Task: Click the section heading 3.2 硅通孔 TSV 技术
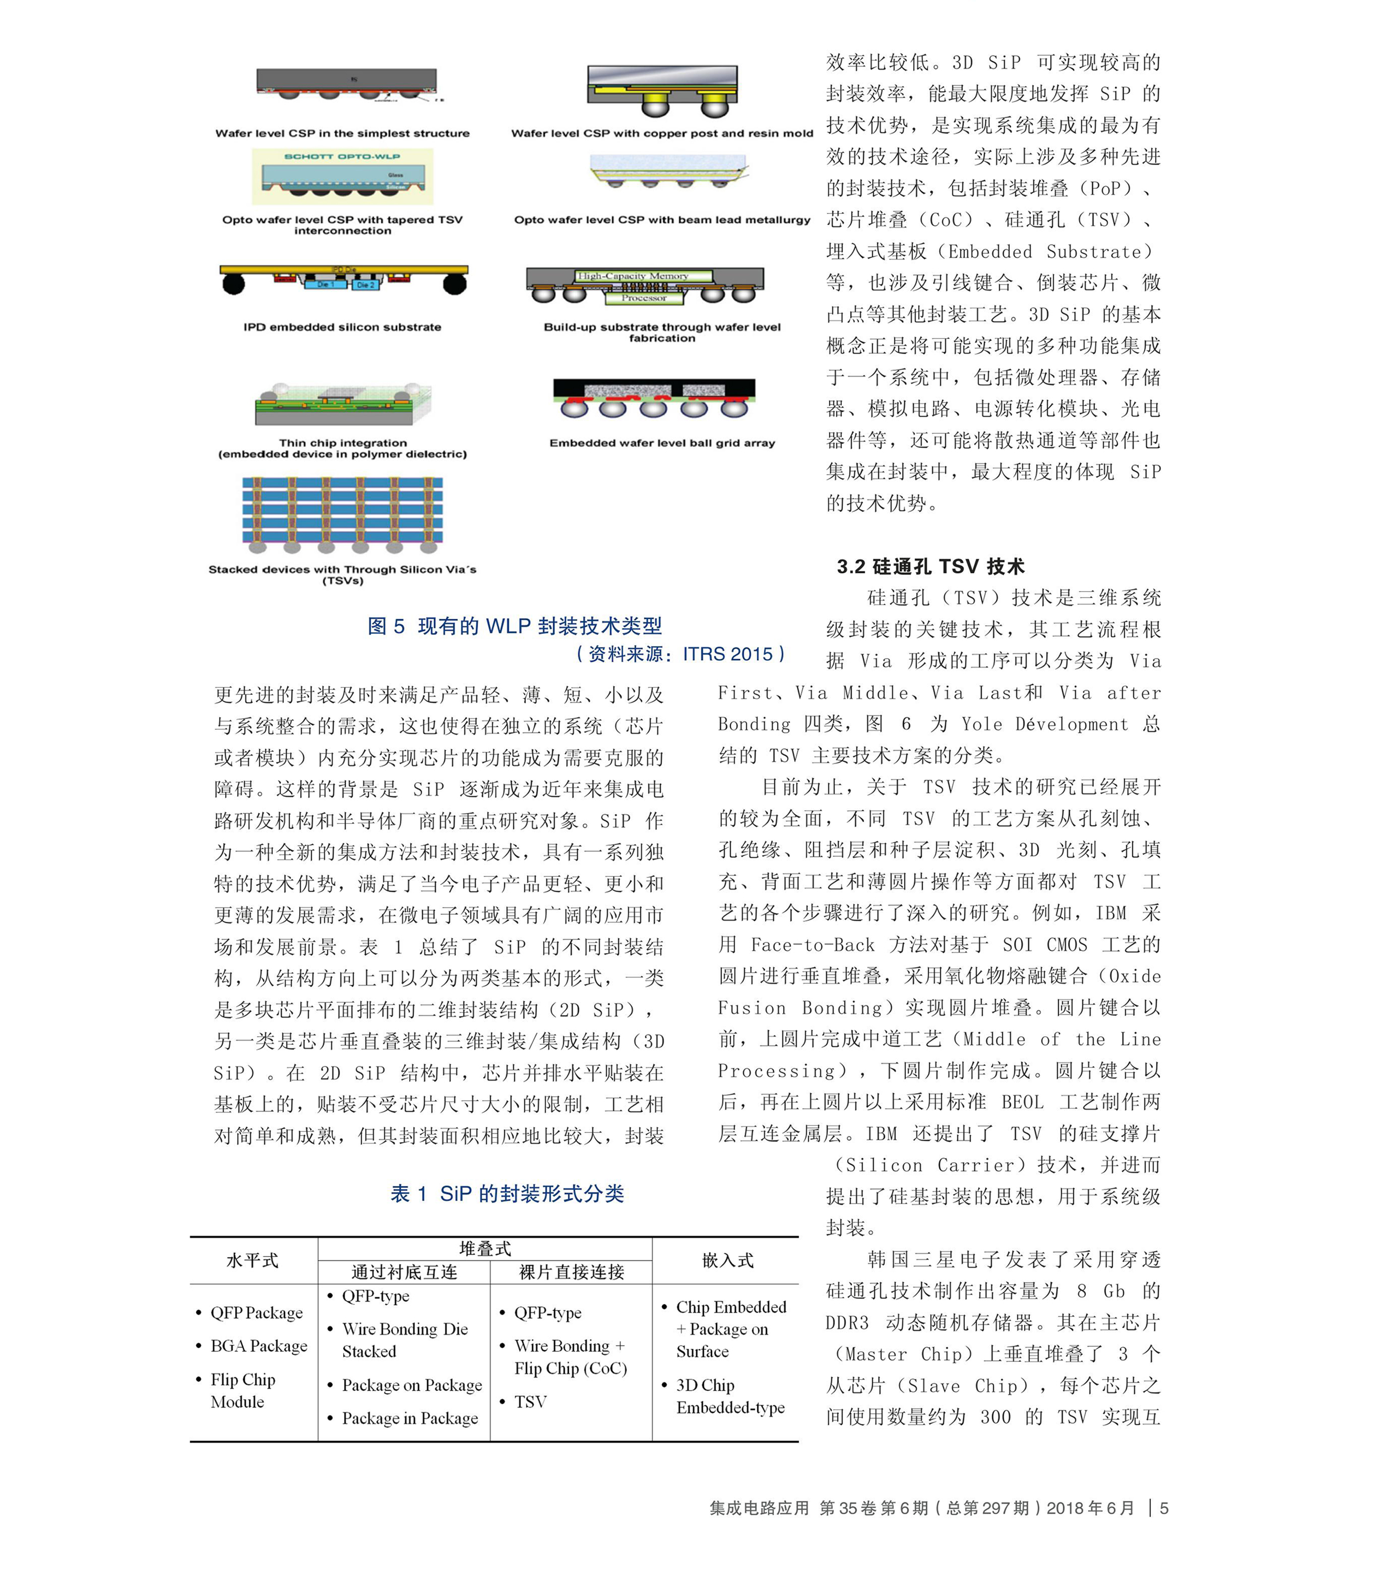coord(930,566)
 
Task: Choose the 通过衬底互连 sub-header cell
coord(404,1272)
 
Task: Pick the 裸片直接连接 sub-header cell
coord(571,1272)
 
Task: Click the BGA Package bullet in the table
coord(258,1346)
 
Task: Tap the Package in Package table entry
coord(410,1418)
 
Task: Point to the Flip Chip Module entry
coord(243,1390)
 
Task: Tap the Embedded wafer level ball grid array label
coord(662,443)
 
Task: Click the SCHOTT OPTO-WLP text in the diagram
coord(342,157)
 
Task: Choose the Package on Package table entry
coord(412,1385)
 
